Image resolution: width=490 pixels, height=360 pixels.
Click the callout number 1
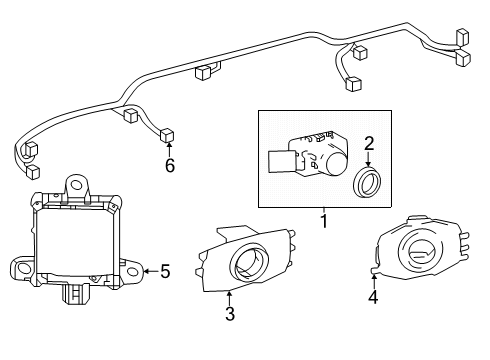pos(323,217)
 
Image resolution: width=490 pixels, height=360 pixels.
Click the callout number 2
pos(368,143)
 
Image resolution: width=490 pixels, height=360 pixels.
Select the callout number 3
pos(229,313)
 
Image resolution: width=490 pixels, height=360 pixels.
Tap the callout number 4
pos(373,296)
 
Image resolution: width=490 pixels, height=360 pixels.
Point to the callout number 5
pos(165,269)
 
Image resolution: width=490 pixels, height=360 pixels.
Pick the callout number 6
pos(169,165)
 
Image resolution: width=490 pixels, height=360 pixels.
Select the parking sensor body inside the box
pos(305,155)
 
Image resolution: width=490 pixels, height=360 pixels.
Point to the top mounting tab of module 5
pos(75,184)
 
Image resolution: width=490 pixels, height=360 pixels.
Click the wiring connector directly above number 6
pos(167,136)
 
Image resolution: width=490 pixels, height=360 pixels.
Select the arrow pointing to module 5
pos(150,269)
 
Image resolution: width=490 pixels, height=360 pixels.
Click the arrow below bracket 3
pos(229,296)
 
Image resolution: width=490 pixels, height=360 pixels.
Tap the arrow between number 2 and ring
pos(369,160)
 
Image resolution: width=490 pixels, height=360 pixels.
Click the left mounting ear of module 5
pos(21,268)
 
